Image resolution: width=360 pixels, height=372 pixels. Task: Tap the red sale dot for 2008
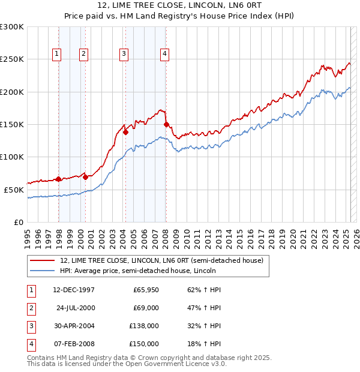click(x=166, y=125)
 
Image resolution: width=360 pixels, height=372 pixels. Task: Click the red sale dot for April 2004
click(x=126, y=133)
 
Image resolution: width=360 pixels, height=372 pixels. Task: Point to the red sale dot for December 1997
click(x=58, y=179)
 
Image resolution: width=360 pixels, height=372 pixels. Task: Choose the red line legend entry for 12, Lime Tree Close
click(x=161, y=260)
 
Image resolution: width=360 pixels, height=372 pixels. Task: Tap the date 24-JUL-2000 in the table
click(x=76, y=308)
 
